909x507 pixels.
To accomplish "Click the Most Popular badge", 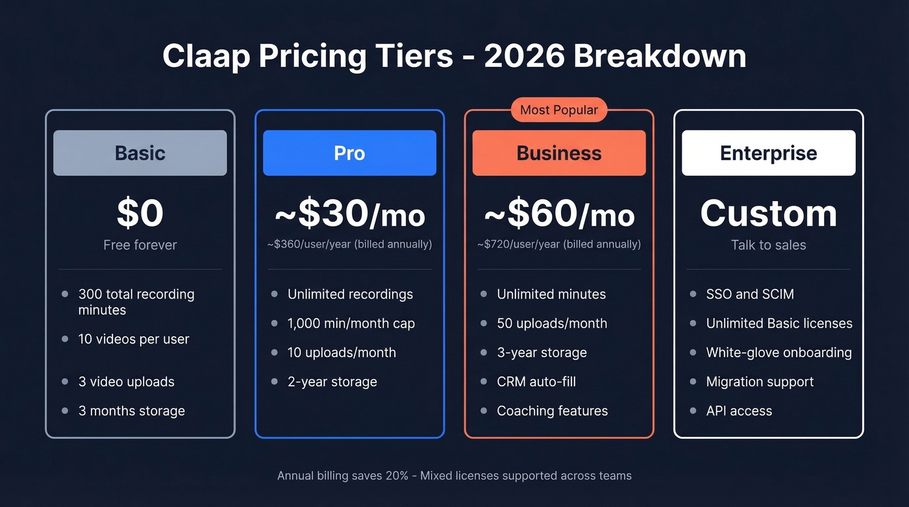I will coord(558,110).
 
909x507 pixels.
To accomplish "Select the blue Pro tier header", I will coord(349,153).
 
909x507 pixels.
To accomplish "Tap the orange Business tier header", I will coord(559,153).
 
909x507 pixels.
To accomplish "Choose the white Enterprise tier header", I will coord(768,153).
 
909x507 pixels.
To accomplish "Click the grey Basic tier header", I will coord(140,153).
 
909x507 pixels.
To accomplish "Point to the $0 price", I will coord(140,213).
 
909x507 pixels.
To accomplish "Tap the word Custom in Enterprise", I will coord(768,214).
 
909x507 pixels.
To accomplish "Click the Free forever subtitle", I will coord(140,245).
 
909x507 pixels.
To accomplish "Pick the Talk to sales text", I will coord(768,245).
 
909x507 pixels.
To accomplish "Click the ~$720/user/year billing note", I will coord(559,245).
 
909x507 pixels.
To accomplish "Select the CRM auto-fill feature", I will coord(536,382).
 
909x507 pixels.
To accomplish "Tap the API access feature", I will coord(739,411).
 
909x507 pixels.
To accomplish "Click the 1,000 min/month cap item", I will coord(351,323).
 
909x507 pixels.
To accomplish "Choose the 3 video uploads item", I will coord(126,382).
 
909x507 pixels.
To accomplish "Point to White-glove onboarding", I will coord(778,352).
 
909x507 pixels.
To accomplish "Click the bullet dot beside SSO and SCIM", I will coord(693,294).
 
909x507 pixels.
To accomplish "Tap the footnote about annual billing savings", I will coord(454,476).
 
